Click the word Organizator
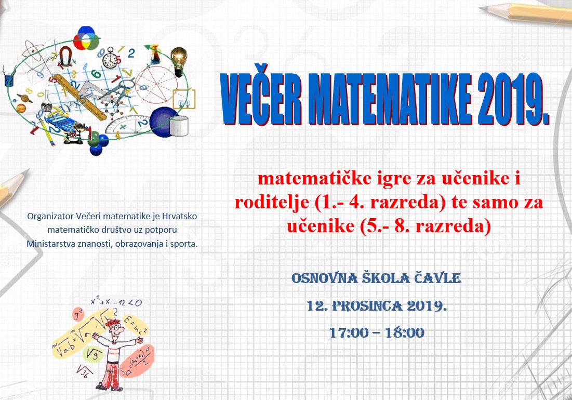tap(50, 217)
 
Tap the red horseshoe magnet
tap(65, 56)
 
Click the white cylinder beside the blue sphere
tap(179, 126)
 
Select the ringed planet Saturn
tap(24, 97)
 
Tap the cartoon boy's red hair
tap(113, 323)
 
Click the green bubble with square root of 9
tap(92, 354)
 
